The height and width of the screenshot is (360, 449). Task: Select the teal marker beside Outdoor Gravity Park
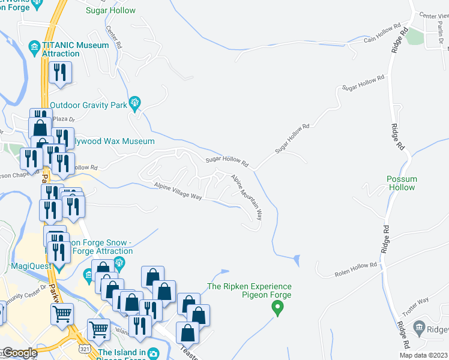[134, 104]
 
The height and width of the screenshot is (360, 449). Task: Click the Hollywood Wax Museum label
[111, 142]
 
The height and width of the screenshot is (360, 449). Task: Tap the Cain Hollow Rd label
[382, 35]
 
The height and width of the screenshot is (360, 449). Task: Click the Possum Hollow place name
[402, 183]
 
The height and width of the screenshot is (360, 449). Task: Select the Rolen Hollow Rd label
[355, 269]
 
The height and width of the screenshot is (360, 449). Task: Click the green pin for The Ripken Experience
[277, 309]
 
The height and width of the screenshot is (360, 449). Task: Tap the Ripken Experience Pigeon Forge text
[250, 291]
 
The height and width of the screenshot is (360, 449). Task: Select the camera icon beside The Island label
[153, 353]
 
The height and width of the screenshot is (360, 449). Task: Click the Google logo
[20, 353]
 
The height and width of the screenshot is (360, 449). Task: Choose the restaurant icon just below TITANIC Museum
[60, 73]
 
